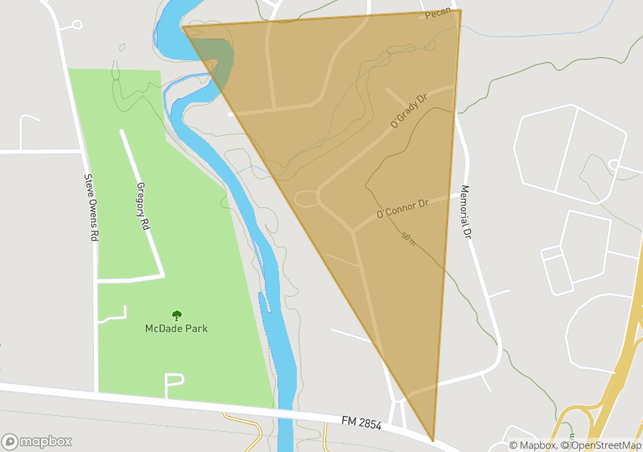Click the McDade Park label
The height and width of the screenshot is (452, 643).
coord(176,328)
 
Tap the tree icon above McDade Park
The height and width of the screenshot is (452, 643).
coord(177,315)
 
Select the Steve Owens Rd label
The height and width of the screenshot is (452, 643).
coord(91,208)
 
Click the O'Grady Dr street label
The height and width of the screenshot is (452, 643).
coord(409,111)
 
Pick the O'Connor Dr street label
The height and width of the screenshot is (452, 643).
coord(402,207)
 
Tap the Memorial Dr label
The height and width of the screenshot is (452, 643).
coord(467,210)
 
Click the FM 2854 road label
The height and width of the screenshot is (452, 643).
coord(361,423)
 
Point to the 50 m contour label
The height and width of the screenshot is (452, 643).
coord(408,238)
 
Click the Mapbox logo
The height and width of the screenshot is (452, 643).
coord(37,441)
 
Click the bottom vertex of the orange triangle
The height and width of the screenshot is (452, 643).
coord(433,440)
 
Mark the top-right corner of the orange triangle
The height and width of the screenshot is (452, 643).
coord(460,11)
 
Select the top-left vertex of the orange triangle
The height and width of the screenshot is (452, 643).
coord(183,27)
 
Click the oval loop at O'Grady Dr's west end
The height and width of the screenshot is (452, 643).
coord(307,198)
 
